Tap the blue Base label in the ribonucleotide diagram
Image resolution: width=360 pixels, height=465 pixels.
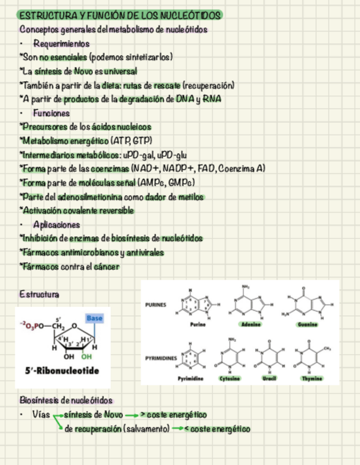pos(94,317)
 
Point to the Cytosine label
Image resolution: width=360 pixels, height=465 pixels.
pos(229,378)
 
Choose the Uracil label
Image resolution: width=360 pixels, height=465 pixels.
pos(268,378)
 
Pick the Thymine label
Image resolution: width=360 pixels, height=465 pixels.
pos(311,378)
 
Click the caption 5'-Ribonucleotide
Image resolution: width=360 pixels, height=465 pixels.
pos(62,371)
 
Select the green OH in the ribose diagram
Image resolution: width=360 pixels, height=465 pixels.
pos(87,356)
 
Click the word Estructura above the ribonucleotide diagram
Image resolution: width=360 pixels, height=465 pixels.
pos(39,294)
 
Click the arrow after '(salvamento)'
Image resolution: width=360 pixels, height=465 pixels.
pos(177,429)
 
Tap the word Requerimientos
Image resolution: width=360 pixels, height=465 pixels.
pos(61,43)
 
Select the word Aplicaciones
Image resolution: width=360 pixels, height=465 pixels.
pos(57,225)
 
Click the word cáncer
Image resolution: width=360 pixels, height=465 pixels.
pos(105,267)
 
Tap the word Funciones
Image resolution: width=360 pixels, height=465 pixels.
pos(51,113)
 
